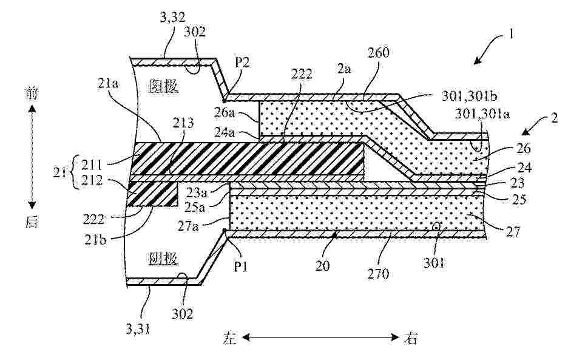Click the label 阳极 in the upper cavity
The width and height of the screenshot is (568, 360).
click(x=164, y=86)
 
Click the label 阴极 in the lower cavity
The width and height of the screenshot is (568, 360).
click(x=164, y=259)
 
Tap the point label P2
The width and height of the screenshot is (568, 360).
click(x=242, y=63)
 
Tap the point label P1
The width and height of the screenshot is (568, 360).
click(x=240, y=267)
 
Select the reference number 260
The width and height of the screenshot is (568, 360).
click(x=378, y=53)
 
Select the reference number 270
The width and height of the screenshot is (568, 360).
click(x=378, y=273)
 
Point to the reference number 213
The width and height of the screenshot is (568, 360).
click(x=183, y=123)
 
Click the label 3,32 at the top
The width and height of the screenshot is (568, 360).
click(x=172, y=18)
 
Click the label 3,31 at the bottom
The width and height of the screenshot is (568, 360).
click(x=138, y=329)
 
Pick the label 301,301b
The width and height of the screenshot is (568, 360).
click(x=469, y=96)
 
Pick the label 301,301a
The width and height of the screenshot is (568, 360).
click(x=482, y=114)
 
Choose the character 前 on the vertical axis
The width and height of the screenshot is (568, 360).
click(x=32, y=94)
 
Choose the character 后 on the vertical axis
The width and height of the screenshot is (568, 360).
click(x=32, y=222)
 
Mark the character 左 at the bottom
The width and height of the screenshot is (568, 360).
click(x=230, y=338)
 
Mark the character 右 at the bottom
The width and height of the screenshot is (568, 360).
click(x=410, y=338)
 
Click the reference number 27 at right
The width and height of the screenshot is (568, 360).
click(x=513, y=231)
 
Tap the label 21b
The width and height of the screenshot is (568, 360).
click(x=95, y=239)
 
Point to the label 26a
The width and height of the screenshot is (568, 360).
click(x=225, y=113)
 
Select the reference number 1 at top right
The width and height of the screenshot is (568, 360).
click(x=511, y=35)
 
